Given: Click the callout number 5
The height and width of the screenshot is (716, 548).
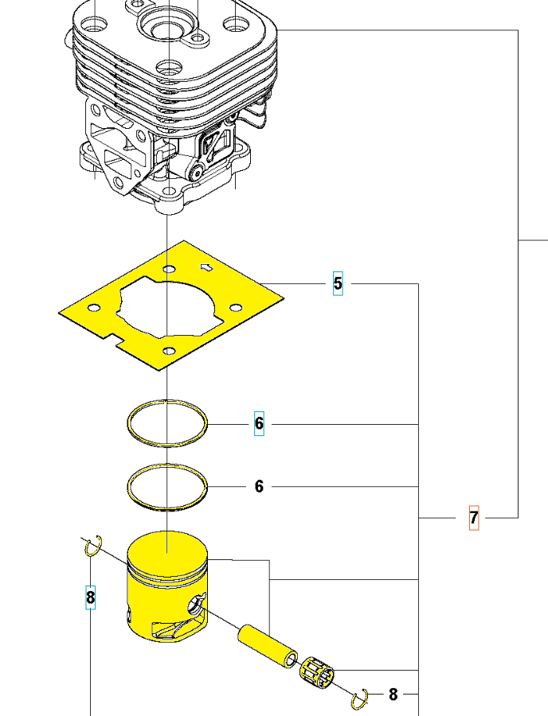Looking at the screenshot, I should tap(338, 283).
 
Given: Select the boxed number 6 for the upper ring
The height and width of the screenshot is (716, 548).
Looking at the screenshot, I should tap(259, 424).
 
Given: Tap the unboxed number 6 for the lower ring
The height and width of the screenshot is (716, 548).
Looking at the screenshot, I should tap(259, 486).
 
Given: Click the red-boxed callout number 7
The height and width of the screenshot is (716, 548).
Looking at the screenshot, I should tap(473, 518).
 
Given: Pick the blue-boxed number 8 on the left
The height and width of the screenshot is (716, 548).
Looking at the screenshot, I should tap(91, 597).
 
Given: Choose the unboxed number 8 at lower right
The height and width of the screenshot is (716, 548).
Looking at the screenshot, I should tap(393, 695).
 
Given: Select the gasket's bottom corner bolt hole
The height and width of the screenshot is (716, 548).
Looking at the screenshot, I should tap(169, 351).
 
